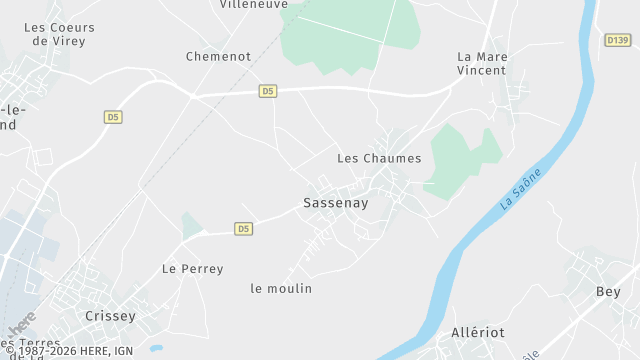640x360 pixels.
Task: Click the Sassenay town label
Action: tap(336, 203)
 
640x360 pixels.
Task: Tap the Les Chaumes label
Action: tap(379, 158)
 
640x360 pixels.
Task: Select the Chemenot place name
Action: tap(218, 57)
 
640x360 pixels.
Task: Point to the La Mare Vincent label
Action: tap(482, 63)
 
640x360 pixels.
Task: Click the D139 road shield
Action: tap(618, 40)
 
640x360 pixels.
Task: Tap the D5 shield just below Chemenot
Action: tap(267, 91)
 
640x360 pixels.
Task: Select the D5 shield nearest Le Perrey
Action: tap(243, 229)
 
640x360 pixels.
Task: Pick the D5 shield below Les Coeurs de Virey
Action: tap(113, 117)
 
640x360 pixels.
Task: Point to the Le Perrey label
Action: tap(193, 269)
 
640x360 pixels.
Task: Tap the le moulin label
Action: tap(281, 289)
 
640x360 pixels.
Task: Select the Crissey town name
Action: tap(110, 316)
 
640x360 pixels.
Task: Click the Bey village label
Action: tap(608, 292)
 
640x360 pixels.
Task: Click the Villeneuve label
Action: tap(253, 5)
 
